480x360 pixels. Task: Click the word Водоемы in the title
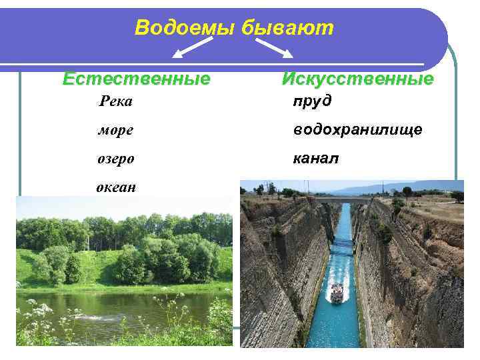(x=177, y=27)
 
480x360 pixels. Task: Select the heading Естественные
(x=136, y=79)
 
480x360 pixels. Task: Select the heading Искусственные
(x=357, y=79)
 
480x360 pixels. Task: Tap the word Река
(x=115, y=101)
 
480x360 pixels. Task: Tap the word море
(x=115, y=131)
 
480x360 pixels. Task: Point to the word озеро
(x=115, y=159)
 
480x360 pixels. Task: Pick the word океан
(x=116, y=187)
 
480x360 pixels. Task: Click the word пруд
(x=312, y=101)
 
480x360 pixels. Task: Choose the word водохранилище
(x=357, y=130)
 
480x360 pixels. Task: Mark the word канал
(x=316, y=159)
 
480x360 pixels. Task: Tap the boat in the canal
(x=337, y=293)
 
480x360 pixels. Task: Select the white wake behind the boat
(x=338, y=275)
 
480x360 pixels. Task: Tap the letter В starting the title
(x=142, y=27)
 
